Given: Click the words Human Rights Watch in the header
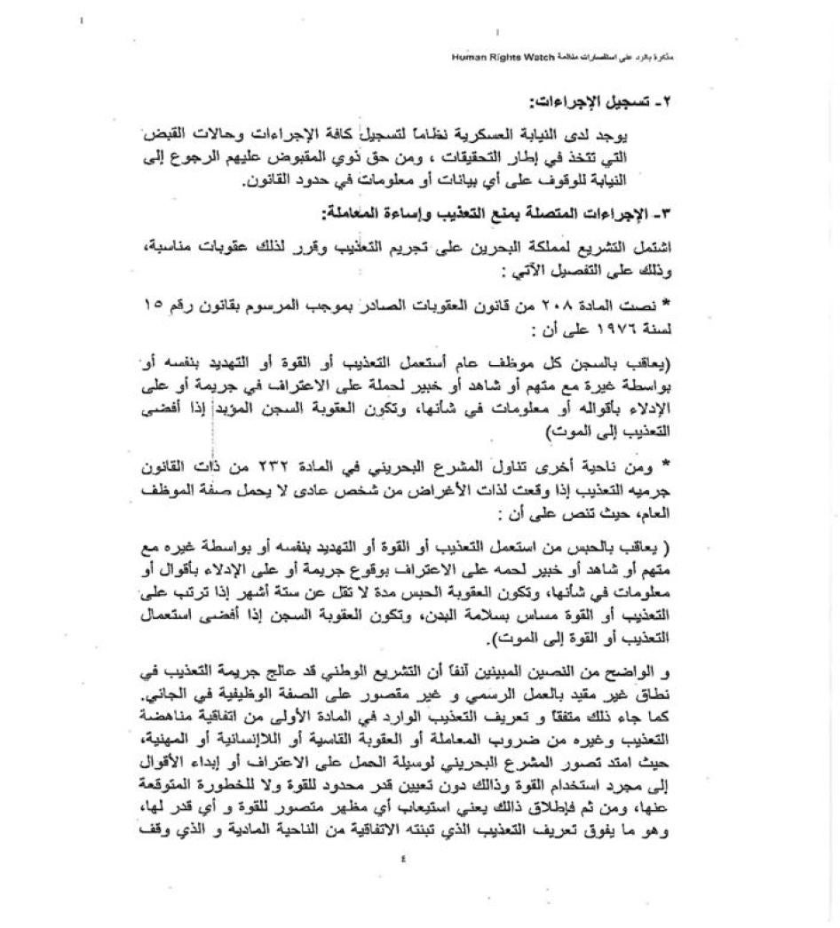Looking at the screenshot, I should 503,57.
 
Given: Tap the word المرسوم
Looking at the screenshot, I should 318,306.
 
